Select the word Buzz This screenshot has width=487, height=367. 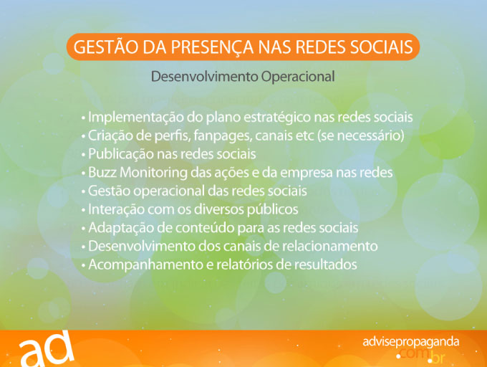tap(102, 173)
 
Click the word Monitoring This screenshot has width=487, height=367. tap(153, 173)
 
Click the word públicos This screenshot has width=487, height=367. tap(272, 210)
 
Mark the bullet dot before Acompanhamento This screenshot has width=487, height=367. tap(83, 266)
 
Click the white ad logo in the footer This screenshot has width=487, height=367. tap(47, 349)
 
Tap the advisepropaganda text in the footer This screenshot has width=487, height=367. tap(410, 342)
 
